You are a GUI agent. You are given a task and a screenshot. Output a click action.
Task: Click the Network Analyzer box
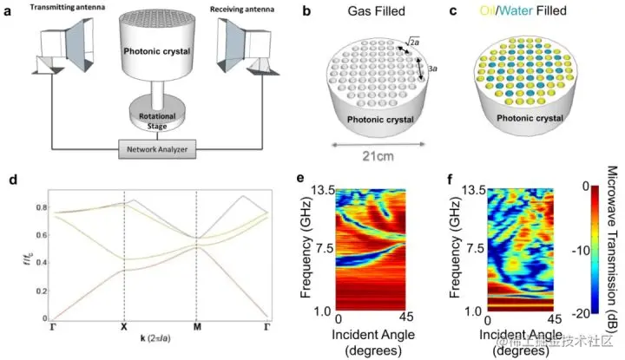(158, 149)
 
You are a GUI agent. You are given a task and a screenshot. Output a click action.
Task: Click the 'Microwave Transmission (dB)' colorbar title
(611, 234)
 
